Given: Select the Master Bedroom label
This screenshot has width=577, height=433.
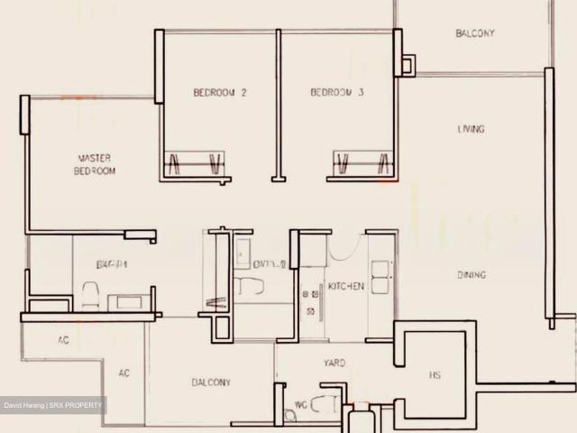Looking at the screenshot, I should (96, 164).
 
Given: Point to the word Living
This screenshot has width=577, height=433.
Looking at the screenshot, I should (471, 129).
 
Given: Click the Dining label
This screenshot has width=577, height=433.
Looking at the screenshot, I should (471, 275).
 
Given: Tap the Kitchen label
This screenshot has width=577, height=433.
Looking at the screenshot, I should (346, 286).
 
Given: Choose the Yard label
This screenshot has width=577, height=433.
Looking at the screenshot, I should (334, 364).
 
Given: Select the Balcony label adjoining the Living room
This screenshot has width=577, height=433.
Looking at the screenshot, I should (474, 33).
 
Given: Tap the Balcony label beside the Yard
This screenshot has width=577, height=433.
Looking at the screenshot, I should (210, 382).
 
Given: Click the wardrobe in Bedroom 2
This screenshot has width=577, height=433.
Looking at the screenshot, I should (194, 164).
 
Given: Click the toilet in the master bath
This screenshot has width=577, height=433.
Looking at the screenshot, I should (90, 294).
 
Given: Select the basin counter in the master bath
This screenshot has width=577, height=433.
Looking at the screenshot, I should (125, 301).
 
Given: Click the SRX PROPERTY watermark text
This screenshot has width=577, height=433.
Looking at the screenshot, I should (78, 406).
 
